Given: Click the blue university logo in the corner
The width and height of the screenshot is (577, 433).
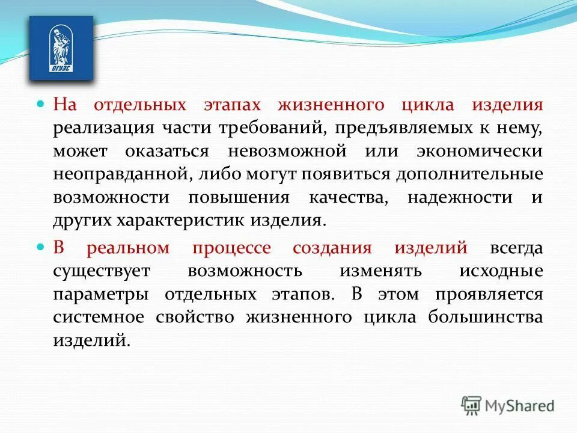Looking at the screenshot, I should click(61, 48).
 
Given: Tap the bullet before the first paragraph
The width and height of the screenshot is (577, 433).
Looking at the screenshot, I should click(41, 104).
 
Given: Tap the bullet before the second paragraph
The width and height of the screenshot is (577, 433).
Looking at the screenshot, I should click(41, 247).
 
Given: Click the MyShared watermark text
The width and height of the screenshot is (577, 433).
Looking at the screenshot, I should click(520, 406).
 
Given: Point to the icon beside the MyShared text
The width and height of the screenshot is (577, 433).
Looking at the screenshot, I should click(472, 406).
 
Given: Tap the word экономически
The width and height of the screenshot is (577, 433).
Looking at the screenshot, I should click(481, 151).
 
